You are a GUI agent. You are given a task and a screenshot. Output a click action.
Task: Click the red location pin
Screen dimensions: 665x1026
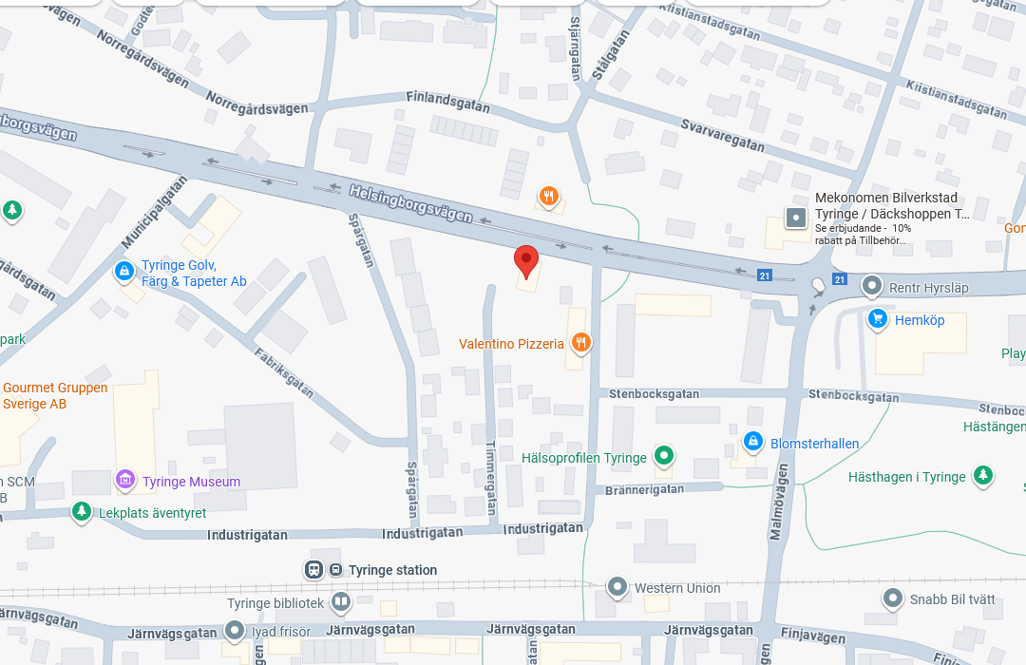pos(526,259)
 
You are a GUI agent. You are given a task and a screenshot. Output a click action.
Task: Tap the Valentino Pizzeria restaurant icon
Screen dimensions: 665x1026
pos(581,342)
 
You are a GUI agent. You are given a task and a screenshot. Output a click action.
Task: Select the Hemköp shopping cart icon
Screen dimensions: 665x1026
pos(878,319)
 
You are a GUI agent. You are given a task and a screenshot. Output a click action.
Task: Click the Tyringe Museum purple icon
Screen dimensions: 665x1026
pos(125,481)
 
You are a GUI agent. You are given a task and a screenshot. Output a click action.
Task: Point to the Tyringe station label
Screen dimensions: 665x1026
pos(392,570)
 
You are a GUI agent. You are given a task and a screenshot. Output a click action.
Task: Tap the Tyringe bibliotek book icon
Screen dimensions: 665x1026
pos(341,602)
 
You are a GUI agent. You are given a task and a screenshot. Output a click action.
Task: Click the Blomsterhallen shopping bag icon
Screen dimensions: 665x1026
pos(753,442)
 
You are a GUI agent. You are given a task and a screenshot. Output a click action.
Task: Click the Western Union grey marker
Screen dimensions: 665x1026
pos(618,587)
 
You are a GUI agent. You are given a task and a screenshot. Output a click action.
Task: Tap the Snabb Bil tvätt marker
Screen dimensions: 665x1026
pos(893,598)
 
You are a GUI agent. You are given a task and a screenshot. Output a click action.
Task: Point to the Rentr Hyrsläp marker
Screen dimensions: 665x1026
pos(872,286)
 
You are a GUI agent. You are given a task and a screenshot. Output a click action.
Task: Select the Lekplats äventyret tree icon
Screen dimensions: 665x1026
pos(83,512)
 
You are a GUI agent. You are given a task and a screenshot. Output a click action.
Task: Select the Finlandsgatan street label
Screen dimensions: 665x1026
pos(447,102)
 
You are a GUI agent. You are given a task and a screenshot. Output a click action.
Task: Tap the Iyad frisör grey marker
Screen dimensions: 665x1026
pos(235,630)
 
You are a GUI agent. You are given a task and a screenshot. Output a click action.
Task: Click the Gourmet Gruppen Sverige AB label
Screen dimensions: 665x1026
pos(55,395)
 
